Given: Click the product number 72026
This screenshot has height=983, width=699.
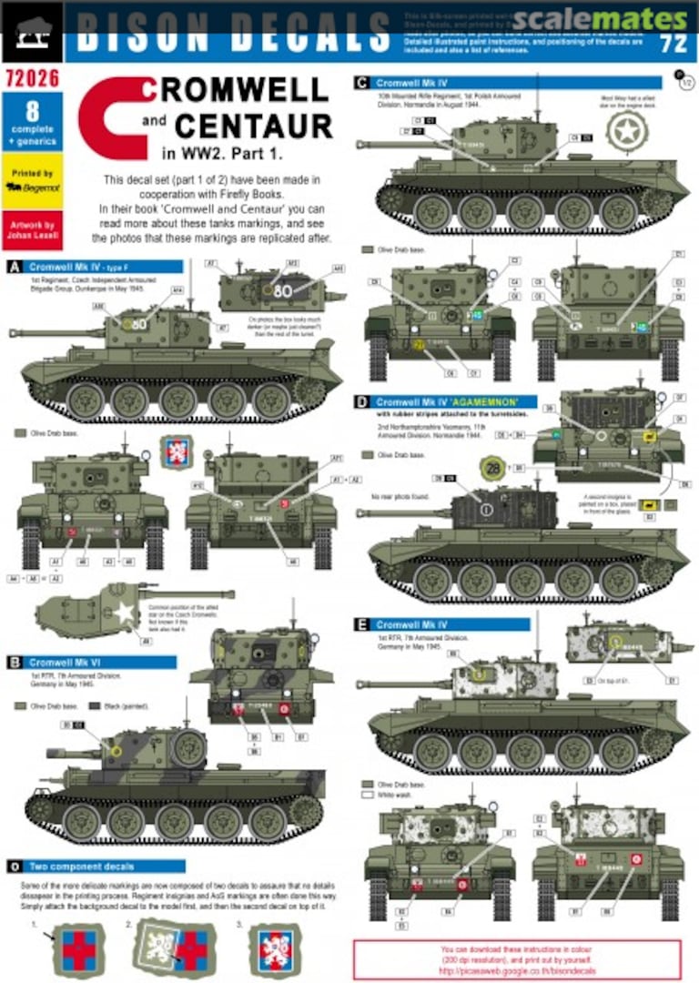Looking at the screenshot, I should click(31, 78).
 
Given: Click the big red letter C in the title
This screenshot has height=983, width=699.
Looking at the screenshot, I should click(113, 117).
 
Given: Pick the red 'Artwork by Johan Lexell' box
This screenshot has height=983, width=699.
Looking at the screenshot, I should click(32, 230).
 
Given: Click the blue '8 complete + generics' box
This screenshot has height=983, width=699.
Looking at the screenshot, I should click(32, 122).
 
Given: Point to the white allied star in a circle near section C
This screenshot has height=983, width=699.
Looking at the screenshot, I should click(627, 134).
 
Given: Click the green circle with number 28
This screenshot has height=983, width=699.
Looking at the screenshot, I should click(492, 469).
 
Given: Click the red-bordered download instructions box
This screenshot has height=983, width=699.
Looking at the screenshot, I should click(516, 958).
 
